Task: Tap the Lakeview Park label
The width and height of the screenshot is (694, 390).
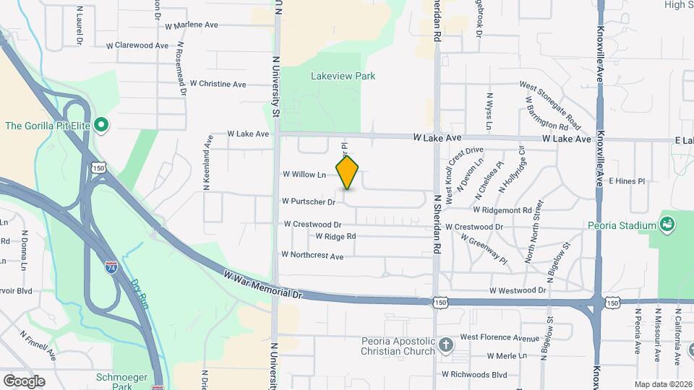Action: pos(343,76)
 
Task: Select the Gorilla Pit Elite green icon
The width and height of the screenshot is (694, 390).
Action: pos(101,126)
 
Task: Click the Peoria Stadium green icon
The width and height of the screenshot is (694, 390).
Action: pos(665,225)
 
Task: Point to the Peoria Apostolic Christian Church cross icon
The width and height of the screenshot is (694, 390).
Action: pos(446,343)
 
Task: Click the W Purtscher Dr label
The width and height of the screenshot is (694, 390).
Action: pos(309,201)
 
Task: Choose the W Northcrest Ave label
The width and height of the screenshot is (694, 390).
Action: pos(312,255)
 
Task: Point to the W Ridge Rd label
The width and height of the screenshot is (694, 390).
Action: pos(335,236)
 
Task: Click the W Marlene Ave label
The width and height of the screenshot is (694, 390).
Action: pos(192,25)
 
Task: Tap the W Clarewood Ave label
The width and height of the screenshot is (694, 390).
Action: pos(137,45)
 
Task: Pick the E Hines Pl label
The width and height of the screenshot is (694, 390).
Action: pos(625,181)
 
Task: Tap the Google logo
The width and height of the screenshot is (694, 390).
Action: pos(24,381)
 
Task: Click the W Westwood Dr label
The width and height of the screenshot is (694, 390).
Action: pos(517,290)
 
